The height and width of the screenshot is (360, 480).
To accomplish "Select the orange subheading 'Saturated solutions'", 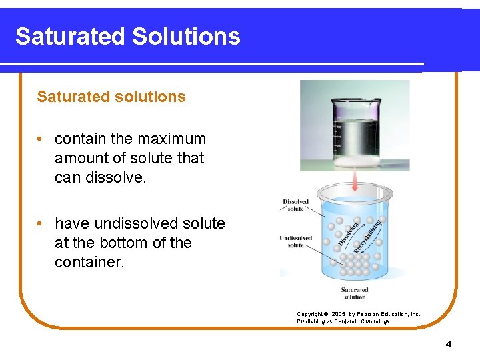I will [111, 97].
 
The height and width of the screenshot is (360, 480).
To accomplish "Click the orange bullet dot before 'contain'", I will [41, 139].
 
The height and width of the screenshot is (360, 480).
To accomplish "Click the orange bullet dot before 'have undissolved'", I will [41, 223].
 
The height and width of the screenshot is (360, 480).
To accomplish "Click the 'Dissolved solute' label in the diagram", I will [295, 205].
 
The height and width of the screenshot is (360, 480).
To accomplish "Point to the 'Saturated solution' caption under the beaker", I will [354, 293].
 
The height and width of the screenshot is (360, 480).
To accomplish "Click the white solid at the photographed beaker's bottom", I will [353, 160].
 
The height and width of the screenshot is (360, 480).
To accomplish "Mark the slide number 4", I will [448, 345].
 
